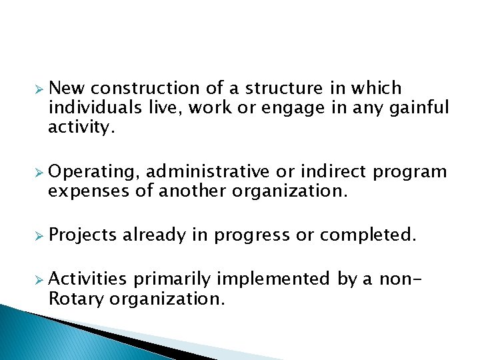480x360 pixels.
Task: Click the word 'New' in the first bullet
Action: [67, 88]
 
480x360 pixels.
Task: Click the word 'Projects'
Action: [83, 235]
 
